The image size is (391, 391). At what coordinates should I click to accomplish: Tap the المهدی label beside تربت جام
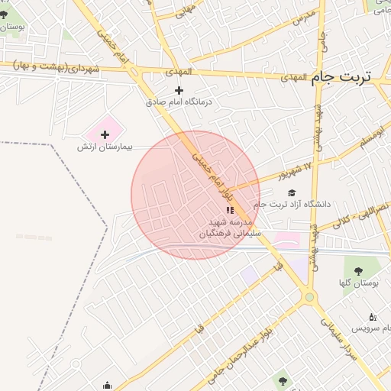point(293,78)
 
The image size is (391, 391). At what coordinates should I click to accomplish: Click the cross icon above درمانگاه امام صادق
point(179,90)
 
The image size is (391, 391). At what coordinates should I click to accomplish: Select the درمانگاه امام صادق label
point(179,102)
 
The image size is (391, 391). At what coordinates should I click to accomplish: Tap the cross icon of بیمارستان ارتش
point(105,134)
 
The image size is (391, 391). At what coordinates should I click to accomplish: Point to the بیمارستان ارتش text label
point(105,146)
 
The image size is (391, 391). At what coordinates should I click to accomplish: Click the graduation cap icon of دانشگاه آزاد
point(292,193)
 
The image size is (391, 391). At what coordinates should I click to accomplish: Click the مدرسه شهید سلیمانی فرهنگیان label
point(229,228)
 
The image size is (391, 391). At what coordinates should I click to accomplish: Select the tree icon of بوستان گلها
point(357,271)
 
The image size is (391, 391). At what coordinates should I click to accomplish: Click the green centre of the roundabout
point(309,297)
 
